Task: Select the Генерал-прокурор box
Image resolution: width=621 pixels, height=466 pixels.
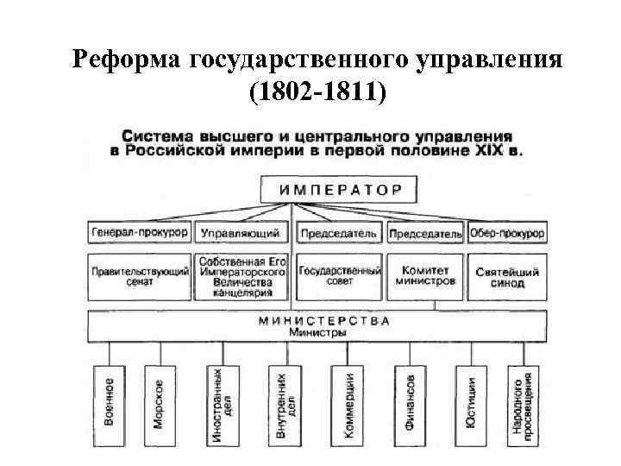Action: tap(140, 233)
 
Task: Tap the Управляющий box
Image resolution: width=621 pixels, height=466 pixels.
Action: tap(241, 233)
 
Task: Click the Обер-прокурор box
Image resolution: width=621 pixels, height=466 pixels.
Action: tap(508, 233)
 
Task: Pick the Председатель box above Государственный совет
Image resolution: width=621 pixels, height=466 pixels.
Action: tap(340, 233)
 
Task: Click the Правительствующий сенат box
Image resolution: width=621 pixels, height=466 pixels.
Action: tap(140, 276)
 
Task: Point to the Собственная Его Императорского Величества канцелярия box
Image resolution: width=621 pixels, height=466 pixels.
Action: tap(241, 276)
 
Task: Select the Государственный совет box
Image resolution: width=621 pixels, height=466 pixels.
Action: tap(340, 276)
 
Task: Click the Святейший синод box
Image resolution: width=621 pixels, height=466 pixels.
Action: tap(508, 276)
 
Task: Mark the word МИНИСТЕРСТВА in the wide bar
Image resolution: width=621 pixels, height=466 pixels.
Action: tap(325, 320)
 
